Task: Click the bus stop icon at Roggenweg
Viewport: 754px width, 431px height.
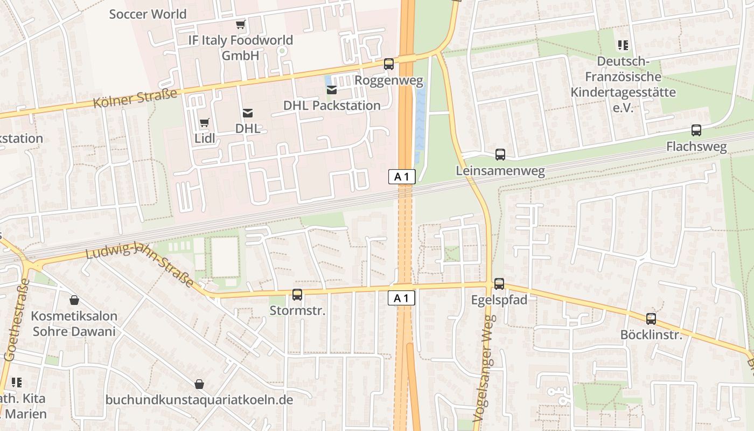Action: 388,64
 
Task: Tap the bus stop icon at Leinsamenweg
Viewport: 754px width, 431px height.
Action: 500,155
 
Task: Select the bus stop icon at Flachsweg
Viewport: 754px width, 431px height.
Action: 696,130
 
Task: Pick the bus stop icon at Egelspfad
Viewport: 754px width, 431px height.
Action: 499,283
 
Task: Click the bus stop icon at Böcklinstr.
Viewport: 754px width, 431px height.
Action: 651,318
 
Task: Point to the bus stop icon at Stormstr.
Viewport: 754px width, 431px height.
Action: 297,294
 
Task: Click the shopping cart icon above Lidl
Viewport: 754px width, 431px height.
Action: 204,123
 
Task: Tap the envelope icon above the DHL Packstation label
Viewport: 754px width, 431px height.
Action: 332,89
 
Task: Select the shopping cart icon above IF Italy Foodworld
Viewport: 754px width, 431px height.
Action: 240,24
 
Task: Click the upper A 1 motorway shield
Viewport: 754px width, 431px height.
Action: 402,177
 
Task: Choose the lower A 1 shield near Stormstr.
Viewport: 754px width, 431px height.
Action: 402,298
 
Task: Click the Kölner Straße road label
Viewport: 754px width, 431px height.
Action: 135,99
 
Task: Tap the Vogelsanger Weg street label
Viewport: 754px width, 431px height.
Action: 483,368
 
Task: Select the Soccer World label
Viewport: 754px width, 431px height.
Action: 148,14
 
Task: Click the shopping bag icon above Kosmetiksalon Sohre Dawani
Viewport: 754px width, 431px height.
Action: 74,300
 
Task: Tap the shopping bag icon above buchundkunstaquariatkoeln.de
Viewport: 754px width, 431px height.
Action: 199,384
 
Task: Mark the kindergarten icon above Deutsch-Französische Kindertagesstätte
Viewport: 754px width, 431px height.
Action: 623,45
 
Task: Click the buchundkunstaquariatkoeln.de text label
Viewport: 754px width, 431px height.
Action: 199,400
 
